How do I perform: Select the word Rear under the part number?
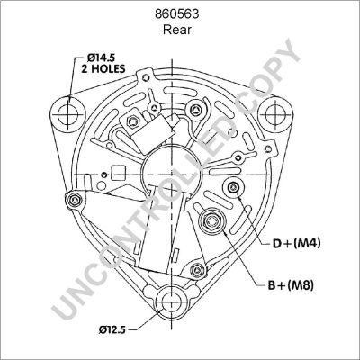[x=179, y=29]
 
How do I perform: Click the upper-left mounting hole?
[x=65, y=114]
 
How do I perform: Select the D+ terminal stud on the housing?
[x=234, y=187]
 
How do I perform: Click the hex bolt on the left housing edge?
[x=68, y=200]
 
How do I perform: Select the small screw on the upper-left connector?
[x=133, y=118]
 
